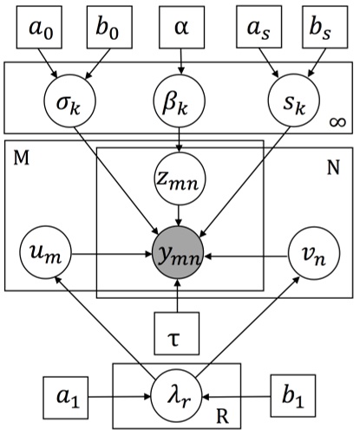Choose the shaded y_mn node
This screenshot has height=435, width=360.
click(178, 256)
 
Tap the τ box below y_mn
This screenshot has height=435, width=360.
click(178, 331)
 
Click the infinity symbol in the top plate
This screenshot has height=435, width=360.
click(337, 127)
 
